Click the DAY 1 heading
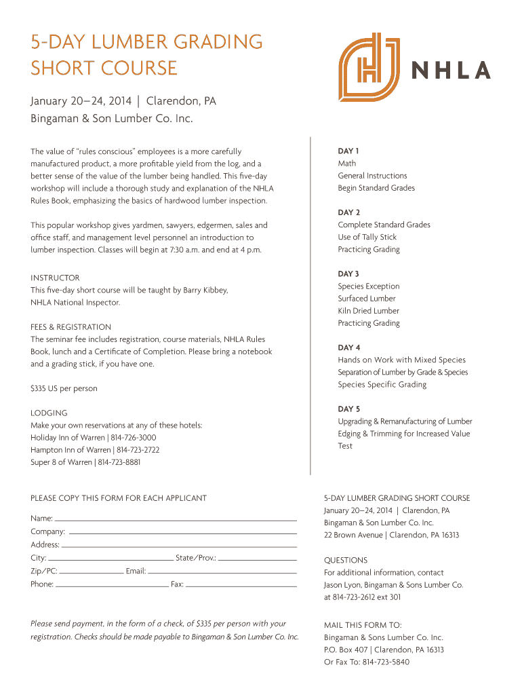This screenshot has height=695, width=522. point(348,151)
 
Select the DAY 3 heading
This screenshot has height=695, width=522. point(349,274)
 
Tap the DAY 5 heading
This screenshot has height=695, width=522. point(349,409)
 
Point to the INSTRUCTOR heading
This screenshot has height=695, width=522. point(55,278)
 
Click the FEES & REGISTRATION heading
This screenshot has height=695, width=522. point(71,326)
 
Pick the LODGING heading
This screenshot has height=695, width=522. point(49,413)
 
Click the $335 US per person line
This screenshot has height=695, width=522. point(64,388)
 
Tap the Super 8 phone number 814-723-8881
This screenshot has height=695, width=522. point(119,462)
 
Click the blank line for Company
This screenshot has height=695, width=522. point(183,533)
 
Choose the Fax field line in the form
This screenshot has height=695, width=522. point(241,585)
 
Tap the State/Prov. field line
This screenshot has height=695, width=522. point(258,560)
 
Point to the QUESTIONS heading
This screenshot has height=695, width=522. point(346,560)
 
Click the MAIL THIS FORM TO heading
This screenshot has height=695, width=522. point(363,625)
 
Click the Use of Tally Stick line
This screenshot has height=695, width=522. point(367,237)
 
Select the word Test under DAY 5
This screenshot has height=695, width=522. point(345,446)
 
